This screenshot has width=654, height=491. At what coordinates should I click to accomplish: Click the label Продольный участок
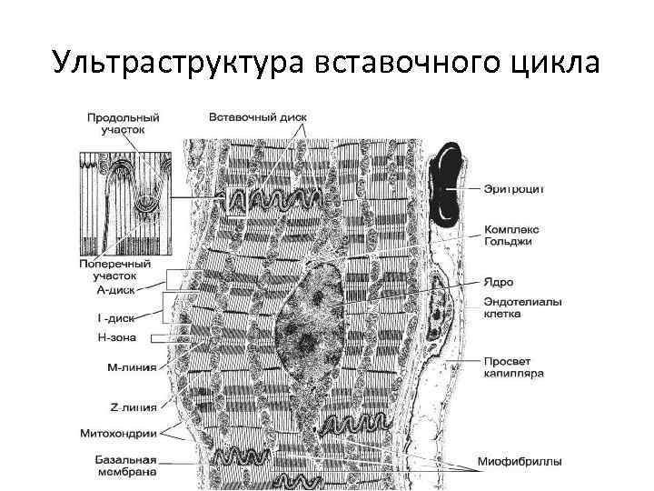pyautogui.click(x=123, y=124)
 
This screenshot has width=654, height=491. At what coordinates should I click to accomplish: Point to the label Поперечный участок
pyautogui.click(x=118, y=270)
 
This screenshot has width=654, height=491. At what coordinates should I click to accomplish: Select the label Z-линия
pyautogui.click(x=128, y=406)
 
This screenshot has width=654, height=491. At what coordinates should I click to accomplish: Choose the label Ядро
pyautogui.click(x=498, y=283)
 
